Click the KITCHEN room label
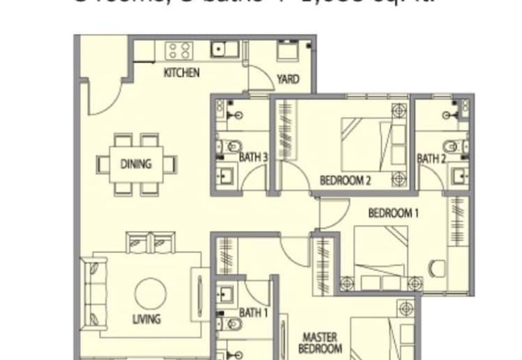(x=181, y=73)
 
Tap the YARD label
(x=288, y=80)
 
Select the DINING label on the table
(x=136, y=164)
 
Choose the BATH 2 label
(x=431, y=157)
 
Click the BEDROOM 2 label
(x=345, y=181)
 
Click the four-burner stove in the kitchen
(x=177, y=50)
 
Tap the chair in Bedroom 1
(x=436, y=267)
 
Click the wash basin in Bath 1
(x=226, y=295)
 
